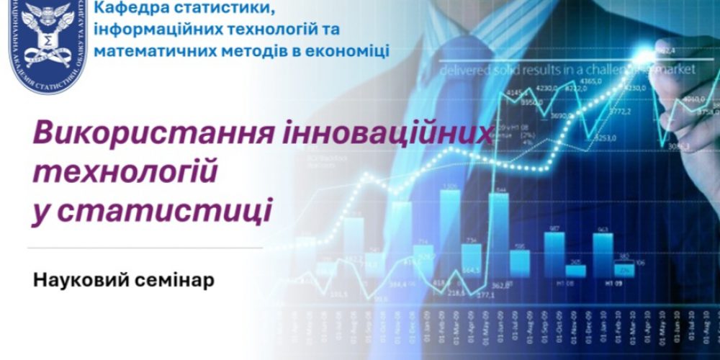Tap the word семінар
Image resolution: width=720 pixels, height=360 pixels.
[173, 279]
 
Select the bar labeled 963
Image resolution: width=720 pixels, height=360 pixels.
[603, 249]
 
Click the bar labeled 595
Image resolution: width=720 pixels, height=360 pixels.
[520, 259]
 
